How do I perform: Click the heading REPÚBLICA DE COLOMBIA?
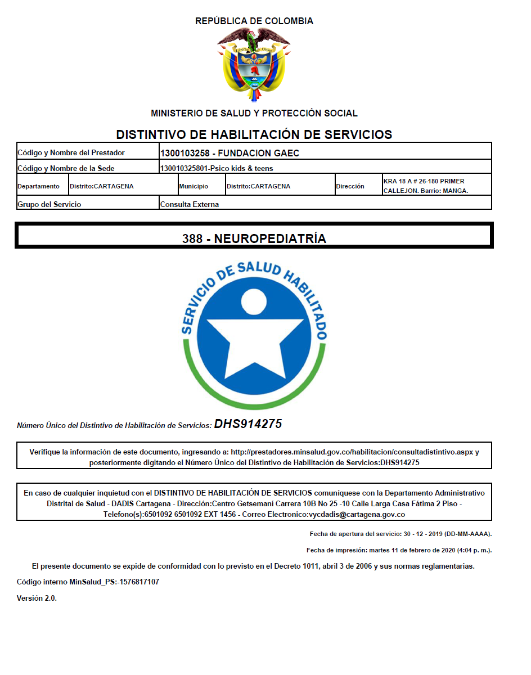coord(254,21)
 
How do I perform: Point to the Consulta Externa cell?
coord(190,204)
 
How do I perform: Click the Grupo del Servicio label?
coord(49,204)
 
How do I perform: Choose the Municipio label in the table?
coord(193,186)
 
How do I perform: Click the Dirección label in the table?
coord(350,186)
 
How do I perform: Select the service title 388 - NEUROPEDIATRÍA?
coord(254,238)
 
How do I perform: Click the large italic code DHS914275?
coord(247,424)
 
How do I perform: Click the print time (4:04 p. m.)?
coord(471,550)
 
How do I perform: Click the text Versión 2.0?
coord(37,598)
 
